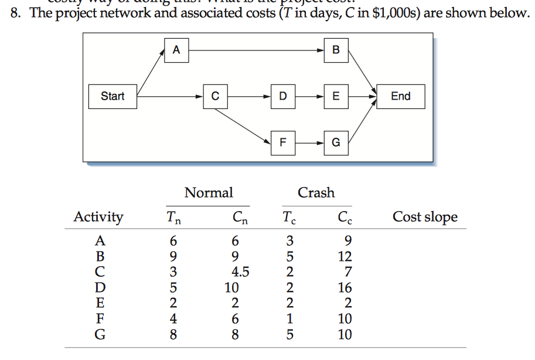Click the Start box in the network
coord(113,96)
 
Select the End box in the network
coord(401,96)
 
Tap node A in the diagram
coord(176,50)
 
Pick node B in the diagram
coord(336,50)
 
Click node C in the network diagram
coord(216,96)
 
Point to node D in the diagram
coord(284,96)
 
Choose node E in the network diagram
coord(336,96)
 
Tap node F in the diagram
coord(284,142)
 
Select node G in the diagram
coord(336,142)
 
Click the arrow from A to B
coord(255,50)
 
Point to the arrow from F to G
coord(309,142)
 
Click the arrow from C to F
coord(246,125)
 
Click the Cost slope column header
coord(425,217)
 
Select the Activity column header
coord(98,217)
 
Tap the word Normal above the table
coord(209,192)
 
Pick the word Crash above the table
coord(316,192)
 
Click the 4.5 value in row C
coord(240,272)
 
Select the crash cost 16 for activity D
coord(345,288)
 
